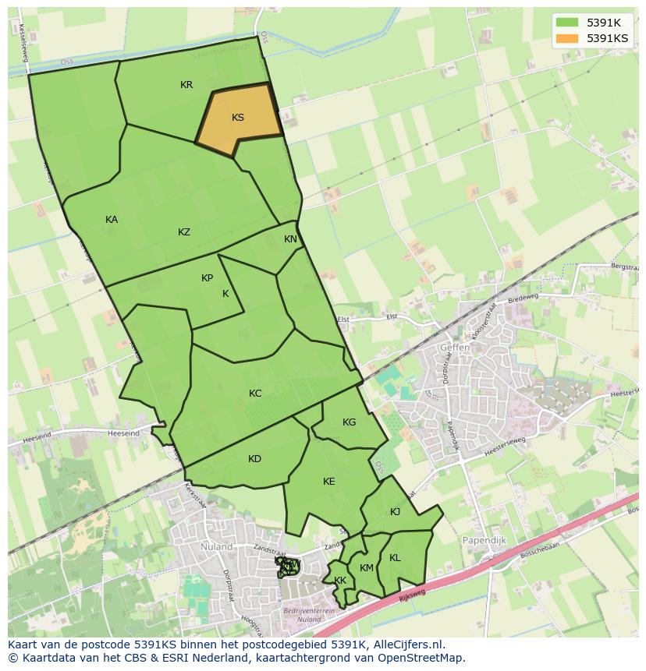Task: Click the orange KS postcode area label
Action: click(238, 118)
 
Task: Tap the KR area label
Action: click(186, 85)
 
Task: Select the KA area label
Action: click(112, 220)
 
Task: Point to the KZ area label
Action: click(184, 232)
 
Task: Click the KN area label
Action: click(290, 239)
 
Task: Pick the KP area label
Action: click(207, 278)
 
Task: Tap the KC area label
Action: click(255, 394)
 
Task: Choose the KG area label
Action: click(349, 422)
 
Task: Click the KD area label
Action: click(254, 459)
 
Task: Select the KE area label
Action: click(328, 482)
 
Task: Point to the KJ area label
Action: click(395, 512)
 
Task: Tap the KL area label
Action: click(395, 558)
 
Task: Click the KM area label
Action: click(367, 568)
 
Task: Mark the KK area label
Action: click(340, 581)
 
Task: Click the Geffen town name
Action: click(455, 348)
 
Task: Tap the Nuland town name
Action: click(216, 547)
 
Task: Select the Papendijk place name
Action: click(485, 539)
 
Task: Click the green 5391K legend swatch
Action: click(567, 23)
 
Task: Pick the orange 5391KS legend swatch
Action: click(567, 38)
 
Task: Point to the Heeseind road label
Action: click(125, 433)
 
